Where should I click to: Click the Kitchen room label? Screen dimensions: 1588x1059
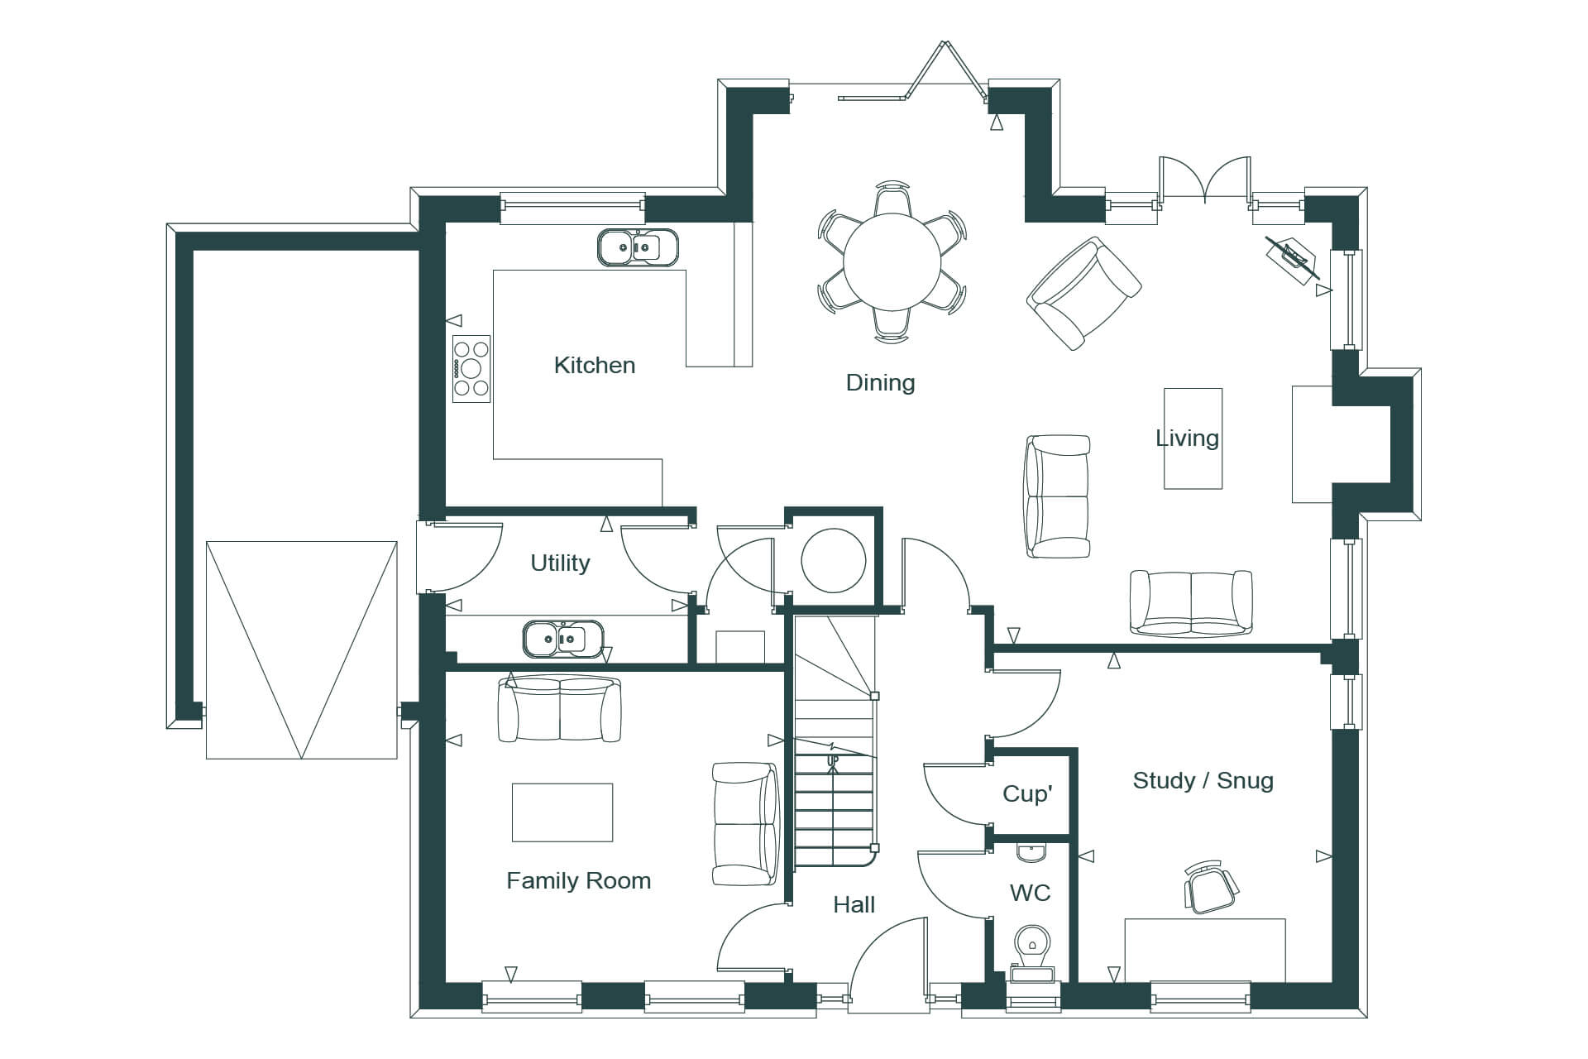point(595,365)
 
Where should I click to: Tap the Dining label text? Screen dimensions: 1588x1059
point(880,383)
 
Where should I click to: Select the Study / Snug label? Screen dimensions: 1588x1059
point(1203,780)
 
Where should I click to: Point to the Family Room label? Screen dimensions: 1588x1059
point(578,880)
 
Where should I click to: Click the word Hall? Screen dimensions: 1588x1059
point(854,904)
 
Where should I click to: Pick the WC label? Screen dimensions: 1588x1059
point(1030,893)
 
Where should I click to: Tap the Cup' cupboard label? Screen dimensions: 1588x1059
point(1027,794)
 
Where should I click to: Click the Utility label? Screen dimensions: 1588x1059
point(560,563)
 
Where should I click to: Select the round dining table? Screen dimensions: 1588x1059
point(892,261)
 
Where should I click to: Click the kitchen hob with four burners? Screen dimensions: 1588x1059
point(471,369)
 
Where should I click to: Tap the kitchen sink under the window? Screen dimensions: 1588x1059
point(638,247)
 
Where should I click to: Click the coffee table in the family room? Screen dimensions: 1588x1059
point(562,812)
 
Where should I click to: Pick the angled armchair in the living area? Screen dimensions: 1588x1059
point(1083,294)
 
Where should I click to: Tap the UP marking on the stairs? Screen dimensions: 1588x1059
point(832,760)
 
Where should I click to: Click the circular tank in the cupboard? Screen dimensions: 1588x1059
point(834,561)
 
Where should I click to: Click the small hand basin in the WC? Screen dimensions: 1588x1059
point(1031,851)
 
